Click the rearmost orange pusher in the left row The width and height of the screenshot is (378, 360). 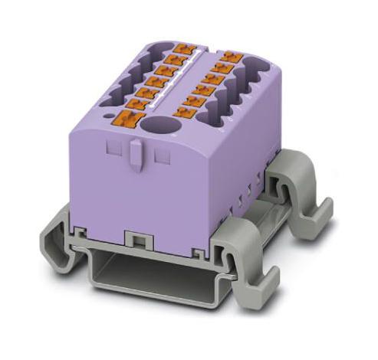tap(182, 49)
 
